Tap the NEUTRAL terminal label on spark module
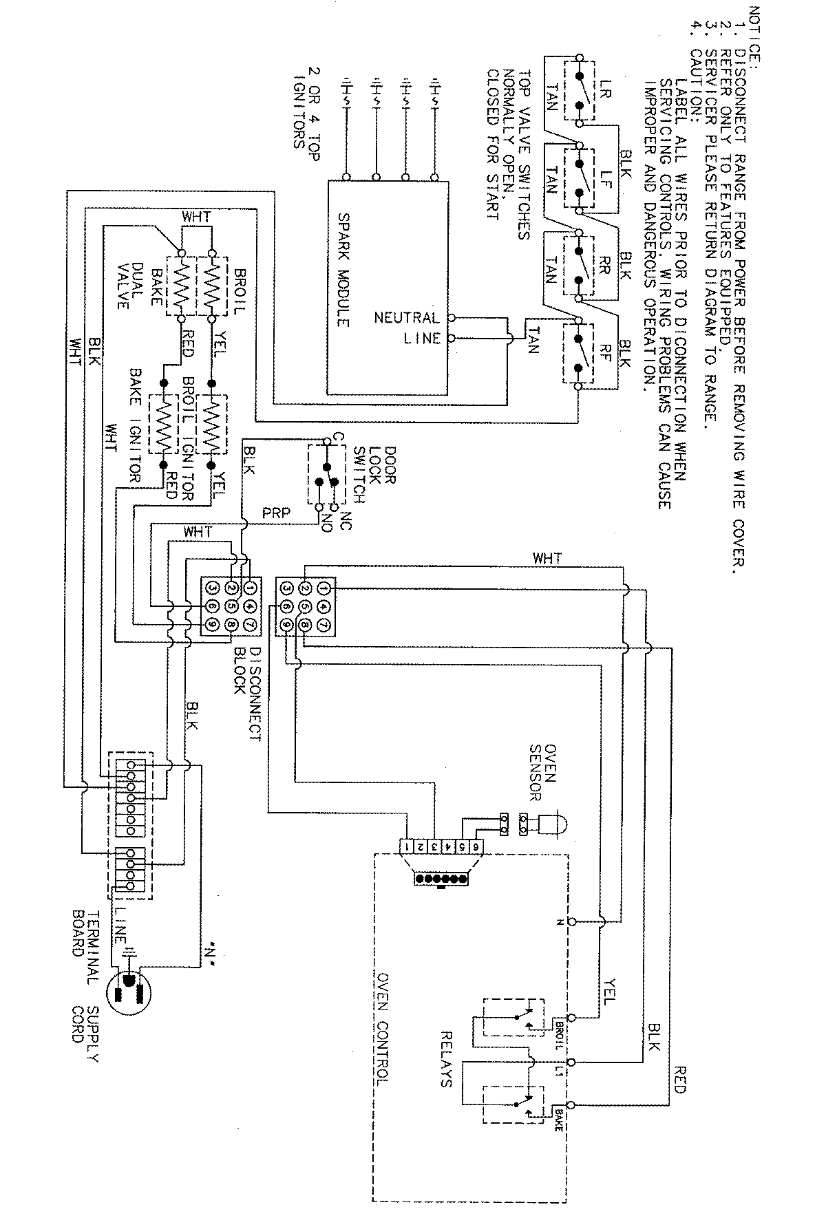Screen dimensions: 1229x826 click(x=406, y=318)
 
